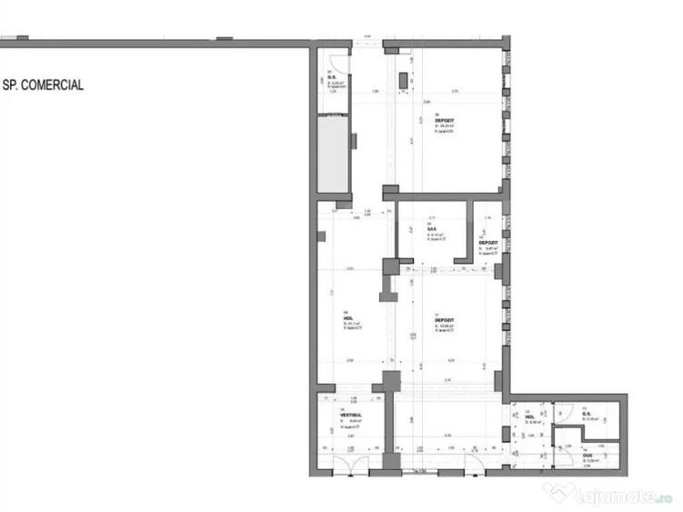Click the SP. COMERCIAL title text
click(x=43, y=85)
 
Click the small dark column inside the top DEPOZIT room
click(x=403, y=80)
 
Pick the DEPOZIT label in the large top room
click(x=445, y=120)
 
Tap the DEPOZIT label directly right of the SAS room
click(x=487, y=243)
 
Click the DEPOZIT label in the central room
click(x=444, y=321)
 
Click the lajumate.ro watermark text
click(x=618, y=497)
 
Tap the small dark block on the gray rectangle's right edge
click(x=354, y=140)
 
